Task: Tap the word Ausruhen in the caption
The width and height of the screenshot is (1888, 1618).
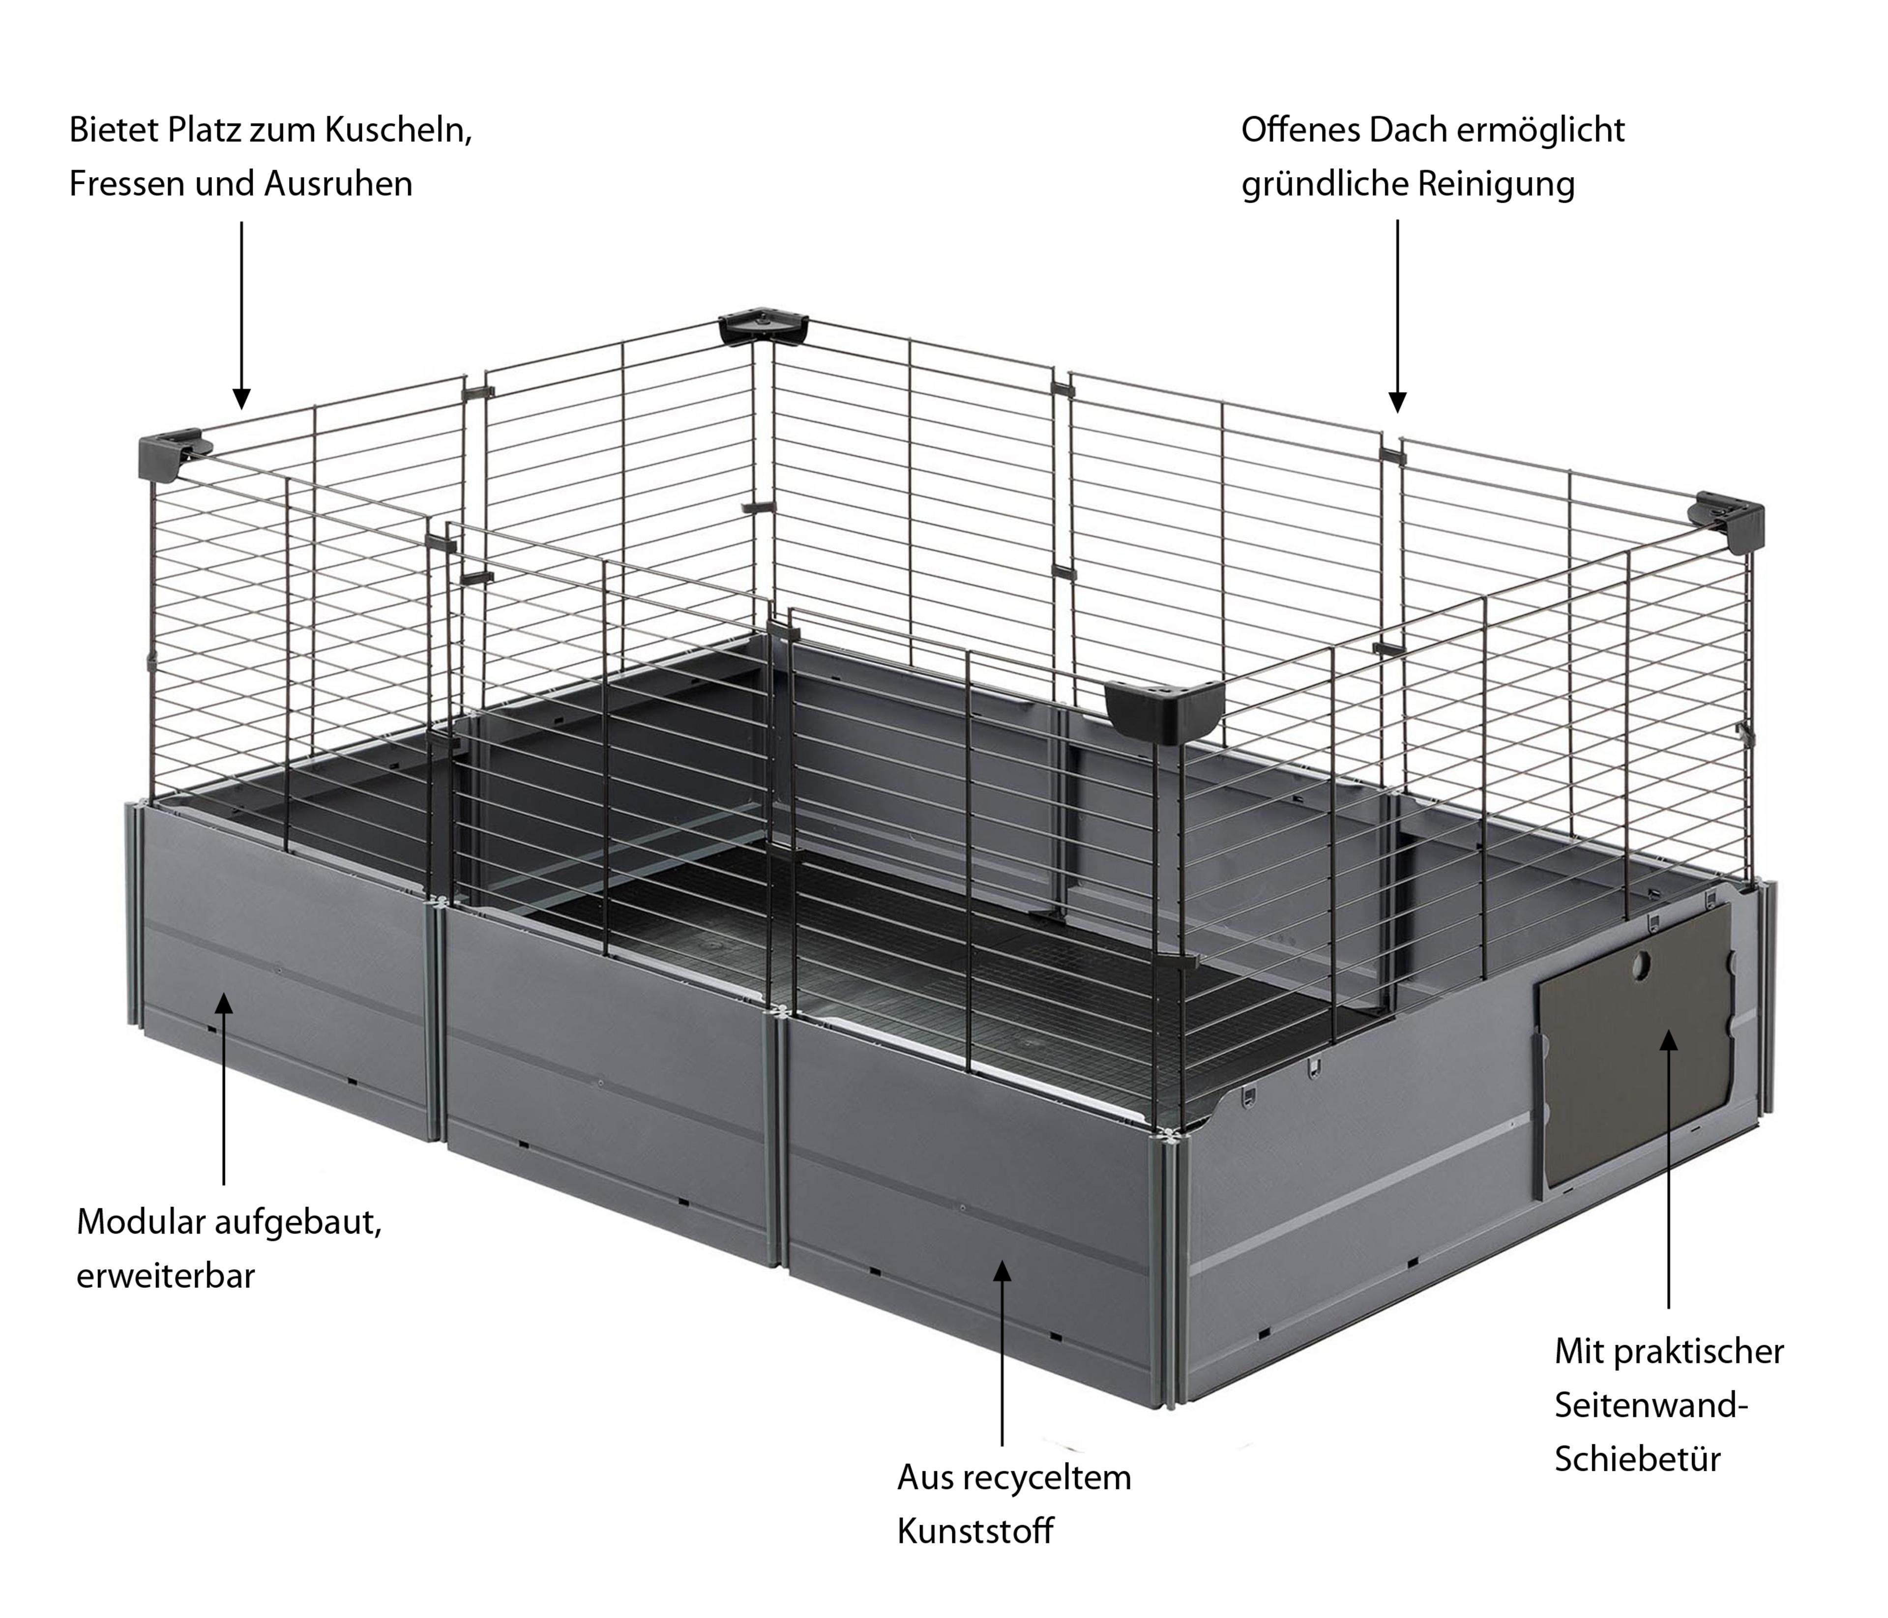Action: point(338,185)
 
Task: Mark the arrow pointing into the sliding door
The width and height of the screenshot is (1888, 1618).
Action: point(1668,1169)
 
